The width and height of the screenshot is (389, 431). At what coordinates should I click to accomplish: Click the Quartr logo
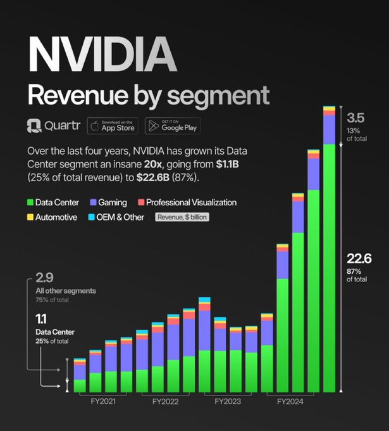click(53, 126)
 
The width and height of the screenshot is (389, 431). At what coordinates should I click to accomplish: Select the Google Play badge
click(172, 126)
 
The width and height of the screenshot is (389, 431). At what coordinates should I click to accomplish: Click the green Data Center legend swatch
click(30, 203)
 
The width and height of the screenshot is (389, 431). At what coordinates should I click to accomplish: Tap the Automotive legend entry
click(52, 217)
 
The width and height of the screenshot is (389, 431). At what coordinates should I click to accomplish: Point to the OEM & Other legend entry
click(116, 217)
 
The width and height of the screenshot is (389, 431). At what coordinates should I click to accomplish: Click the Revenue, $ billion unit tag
click(182, 217)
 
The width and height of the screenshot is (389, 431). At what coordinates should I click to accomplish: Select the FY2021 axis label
click(102, 401)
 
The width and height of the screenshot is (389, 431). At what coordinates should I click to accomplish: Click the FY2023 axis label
click(228, 401)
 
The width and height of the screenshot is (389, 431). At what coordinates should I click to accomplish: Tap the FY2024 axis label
click(290, 401)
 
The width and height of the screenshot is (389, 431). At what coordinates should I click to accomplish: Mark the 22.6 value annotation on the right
click(359, 258)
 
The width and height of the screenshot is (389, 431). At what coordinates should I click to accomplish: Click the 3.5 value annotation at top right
click(356, 117)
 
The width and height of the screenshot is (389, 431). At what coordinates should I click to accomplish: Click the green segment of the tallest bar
click(329, 266)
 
